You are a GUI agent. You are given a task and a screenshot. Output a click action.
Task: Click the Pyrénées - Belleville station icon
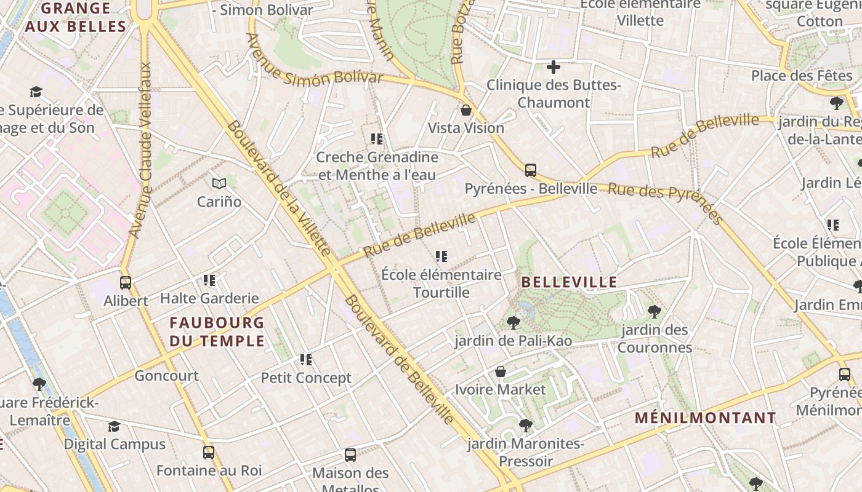(530, 170)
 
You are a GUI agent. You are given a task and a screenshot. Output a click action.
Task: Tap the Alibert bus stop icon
(126, 283)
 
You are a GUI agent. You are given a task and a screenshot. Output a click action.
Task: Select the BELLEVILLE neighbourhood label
(569, 282)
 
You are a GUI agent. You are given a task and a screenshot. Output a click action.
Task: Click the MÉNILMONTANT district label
(706, 418)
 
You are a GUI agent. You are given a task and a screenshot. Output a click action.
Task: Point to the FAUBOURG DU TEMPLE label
(217, 331)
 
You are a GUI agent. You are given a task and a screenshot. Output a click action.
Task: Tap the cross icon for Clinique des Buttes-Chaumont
(554, 67)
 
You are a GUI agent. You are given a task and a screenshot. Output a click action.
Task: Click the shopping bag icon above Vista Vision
(466, 110)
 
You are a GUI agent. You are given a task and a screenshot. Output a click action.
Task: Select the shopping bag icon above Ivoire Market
(501, 371)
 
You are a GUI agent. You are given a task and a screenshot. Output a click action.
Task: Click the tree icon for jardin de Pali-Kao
(513, 322)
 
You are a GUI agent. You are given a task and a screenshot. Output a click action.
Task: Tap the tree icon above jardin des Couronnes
(655, 312)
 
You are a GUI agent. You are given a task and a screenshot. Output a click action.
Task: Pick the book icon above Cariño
(219, 183)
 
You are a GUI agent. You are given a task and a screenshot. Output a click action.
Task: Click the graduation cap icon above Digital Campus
(115, 426)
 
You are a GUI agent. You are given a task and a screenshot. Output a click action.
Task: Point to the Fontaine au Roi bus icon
(209, 453)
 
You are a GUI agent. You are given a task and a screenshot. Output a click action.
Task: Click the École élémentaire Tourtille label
(441, 284)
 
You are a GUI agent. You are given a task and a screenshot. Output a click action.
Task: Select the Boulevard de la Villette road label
(279, 188)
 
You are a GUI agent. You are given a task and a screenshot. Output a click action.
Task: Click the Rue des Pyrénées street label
(665, 201)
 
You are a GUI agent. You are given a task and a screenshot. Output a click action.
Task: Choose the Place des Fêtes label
(801, 76)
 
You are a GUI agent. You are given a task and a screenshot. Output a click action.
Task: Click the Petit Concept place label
(306, 378)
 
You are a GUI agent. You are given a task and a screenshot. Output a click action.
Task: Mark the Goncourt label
(166, 376)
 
